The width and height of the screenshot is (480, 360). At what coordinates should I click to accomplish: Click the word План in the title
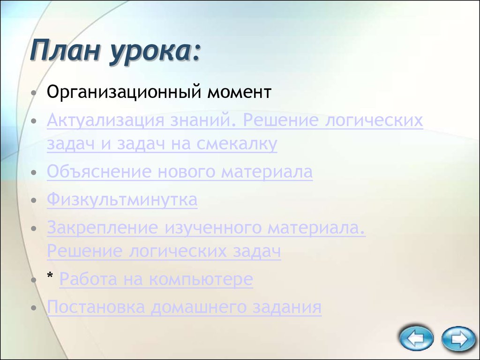[65, 50]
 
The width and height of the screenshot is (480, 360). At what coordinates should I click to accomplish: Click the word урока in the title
[152, 52]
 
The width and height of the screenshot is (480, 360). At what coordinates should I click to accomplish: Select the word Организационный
[124, 92]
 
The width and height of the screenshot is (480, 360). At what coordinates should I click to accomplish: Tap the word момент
[239, 92]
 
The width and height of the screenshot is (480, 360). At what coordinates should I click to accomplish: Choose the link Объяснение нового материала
[180, 172]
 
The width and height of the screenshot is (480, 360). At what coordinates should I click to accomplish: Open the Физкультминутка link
[122, 200]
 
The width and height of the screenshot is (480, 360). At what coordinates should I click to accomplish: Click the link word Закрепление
[103, 228]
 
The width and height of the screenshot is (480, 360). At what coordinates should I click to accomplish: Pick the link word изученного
[213, 228]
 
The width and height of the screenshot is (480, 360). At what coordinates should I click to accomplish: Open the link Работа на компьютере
[156, 279]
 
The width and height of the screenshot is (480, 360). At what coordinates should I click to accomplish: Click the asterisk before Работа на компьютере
[50, 276]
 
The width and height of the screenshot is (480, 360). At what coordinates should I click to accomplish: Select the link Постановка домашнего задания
[184, 307]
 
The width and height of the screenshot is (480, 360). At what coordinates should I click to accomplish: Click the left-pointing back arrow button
[416, 338]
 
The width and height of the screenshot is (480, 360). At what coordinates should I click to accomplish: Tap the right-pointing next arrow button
[458, 338]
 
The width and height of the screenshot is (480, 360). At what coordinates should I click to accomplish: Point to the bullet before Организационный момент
[34, 93]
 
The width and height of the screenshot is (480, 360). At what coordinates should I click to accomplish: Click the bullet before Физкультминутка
[34, 201]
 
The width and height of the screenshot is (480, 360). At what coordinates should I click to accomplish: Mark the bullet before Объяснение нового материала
[34, 172]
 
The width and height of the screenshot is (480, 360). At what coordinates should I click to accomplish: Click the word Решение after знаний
[281, 120]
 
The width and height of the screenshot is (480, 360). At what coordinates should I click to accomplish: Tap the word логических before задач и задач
[374, 120]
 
